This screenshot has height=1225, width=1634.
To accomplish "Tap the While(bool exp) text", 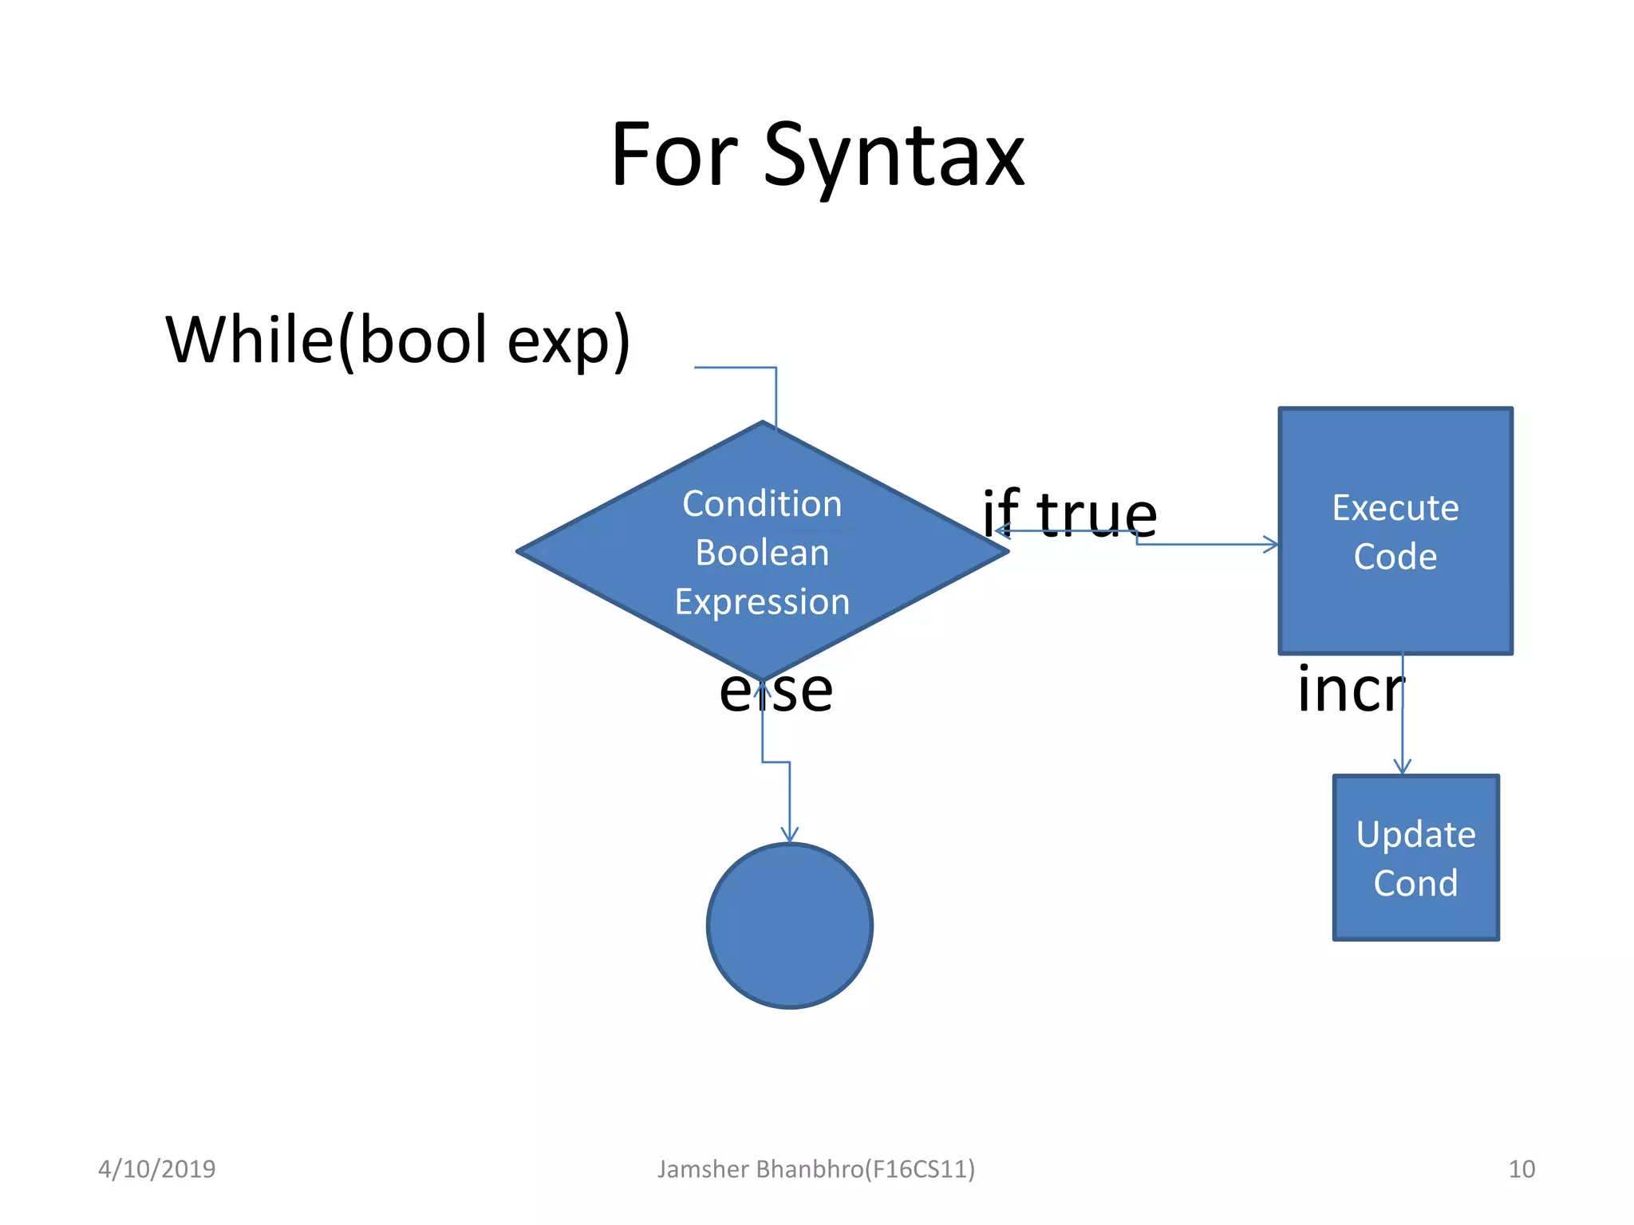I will tap(397, 341).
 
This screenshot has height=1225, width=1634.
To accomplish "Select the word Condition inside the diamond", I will tap(762, 504).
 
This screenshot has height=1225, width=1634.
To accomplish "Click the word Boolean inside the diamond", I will tap(762, 553).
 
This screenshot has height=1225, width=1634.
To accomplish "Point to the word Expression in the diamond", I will tap(762, 601).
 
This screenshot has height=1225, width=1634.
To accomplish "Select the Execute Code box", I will tap(1395, 531).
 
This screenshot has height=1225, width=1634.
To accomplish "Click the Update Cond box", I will tap(1415, 858).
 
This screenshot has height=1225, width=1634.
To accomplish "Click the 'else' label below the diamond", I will tap(776, 691).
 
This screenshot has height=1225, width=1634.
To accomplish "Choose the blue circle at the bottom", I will tap(789, 926).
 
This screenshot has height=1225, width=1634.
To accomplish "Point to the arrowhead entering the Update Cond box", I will tap(1402, 767).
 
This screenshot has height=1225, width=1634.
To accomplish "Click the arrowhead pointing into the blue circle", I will tap(789, 835).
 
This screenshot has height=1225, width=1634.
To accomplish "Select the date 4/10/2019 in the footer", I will tap(156, 1169).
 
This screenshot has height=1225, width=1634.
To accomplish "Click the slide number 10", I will tap(1521, 1169).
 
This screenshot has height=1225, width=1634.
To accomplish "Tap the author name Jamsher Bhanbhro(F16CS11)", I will tap(815, 1169).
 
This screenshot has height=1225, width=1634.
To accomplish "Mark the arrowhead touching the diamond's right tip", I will tap(1001, 530).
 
